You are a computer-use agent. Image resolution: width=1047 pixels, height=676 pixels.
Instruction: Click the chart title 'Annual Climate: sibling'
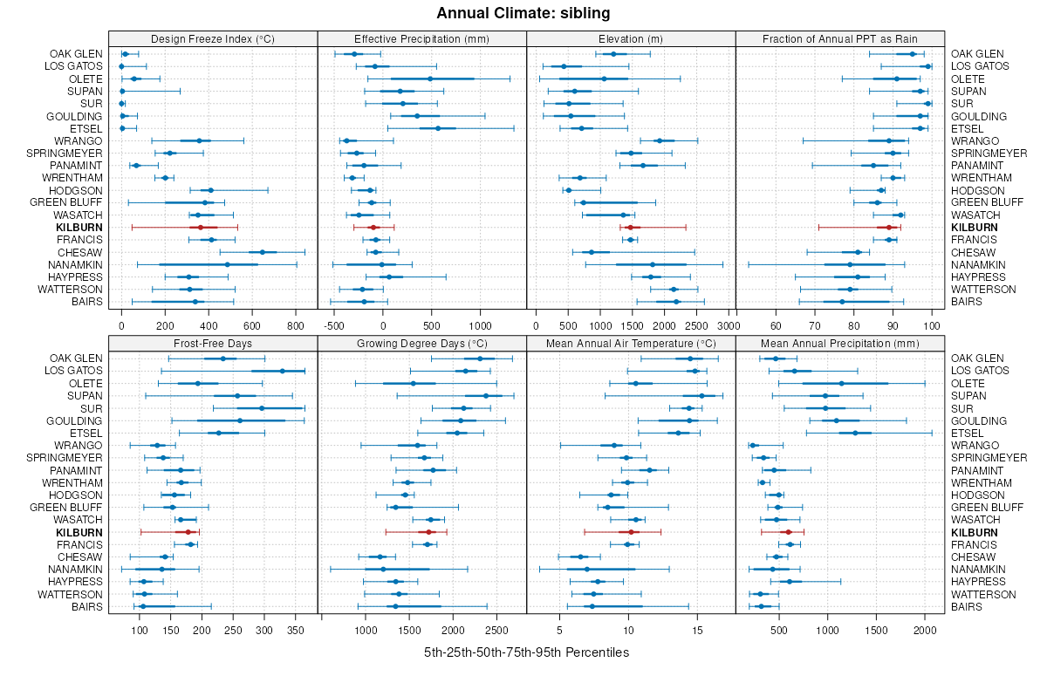click(523, 13)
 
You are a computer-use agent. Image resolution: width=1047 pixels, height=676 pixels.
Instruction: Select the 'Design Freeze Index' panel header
click(213, 38)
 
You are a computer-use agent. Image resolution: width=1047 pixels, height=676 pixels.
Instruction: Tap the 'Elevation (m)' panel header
click(631, 38)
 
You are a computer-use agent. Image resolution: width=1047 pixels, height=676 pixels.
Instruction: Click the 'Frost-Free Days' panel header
click(213, 343)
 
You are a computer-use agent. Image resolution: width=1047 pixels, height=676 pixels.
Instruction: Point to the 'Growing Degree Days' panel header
click(421, 343)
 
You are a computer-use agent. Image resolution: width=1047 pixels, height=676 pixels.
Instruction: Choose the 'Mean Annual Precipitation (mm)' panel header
click(840, 343)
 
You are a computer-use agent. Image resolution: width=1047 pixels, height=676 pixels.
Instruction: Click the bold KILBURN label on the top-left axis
click(79, 227)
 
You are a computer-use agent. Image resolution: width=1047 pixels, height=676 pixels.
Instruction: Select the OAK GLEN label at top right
click(977, 54)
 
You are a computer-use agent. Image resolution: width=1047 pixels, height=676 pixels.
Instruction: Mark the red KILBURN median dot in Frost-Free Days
click(187, 531)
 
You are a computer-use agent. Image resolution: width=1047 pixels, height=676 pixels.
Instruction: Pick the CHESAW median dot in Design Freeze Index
click(262, 252)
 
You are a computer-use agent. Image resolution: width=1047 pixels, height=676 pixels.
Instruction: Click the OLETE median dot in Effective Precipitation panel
click(430, 79)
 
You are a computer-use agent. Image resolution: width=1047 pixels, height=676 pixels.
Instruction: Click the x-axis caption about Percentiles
click(526, 652)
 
